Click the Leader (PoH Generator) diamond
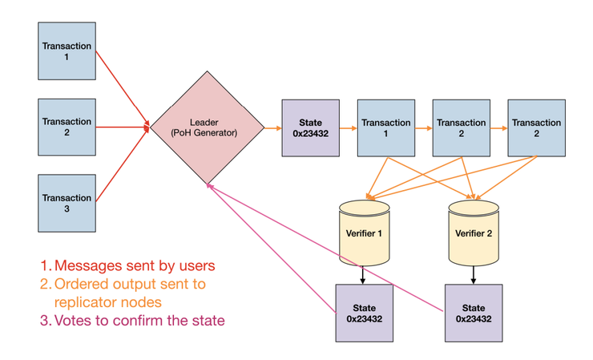point(208,127)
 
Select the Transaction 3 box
point(67,204)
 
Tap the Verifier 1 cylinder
point(364,233)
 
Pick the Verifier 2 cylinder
point(474,233)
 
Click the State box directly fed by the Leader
point(310,128)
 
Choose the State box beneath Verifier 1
point(364,313)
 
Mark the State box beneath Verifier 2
point(474,313)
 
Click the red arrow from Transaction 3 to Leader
point(123,164)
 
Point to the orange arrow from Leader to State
point(273,128)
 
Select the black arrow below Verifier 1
point(363,275)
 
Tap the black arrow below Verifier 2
point(473,275)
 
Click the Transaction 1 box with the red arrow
point(67,51)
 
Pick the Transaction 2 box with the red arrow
point(67,127)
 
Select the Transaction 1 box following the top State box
point(386,128)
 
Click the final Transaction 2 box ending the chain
point(537,128)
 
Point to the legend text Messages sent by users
point(135,265)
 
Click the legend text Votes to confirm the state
point(139,320)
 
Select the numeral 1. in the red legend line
point(46,265)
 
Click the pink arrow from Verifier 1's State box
point(271,249)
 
